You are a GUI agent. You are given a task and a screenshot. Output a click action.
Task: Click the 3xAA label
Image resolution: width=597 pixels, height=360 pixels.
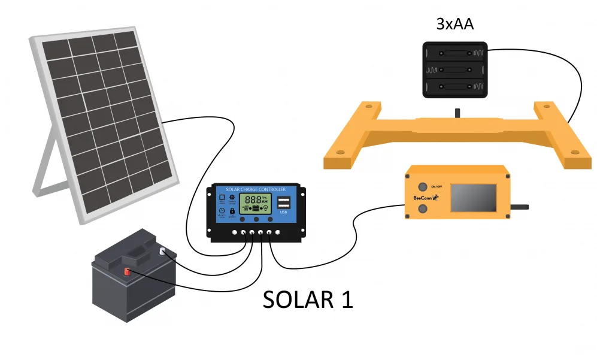coord(456,25)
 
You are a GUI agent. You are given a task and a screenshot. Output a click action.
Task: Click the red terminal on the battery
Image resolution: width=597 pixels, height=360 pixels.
coord(127,273)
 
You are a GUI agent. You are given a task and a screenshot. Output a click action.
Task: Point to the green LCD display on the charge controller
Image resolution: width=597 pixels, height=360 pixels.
coord(254,202)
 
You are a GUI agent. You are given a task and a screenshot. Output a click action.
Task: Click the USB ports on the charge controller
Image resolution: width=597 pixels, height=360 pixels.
coord(283,201)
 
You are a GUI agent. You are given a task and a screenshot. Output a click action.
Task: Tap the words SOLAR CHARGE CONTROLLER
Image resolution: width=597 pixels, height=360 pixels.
coord(255,189)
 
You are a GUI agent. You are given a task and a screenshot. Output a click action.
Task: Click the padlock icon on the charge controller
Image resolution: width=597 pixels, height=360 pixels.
coord(232,211)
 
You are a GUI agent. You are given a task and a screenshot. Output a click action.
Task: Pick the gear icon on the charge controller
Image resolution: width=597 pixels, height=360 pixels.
coord(232,197)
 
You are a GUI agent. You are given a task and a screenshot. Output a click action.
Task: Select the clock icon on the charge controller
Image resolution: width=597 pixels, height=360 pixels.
coord(222,211)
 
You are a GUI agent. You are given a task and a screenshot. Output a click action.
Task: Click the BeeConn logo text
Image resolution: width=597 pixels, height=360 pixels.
coord(423,198)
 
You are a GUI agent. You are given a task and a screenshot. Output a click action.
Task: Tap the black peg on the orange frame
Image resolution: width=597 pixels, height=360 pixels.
coord(457,112)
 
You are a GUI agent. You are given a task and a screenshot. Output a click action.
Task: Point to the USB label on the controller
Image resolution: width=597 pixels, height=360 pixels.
coord(283,212)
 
